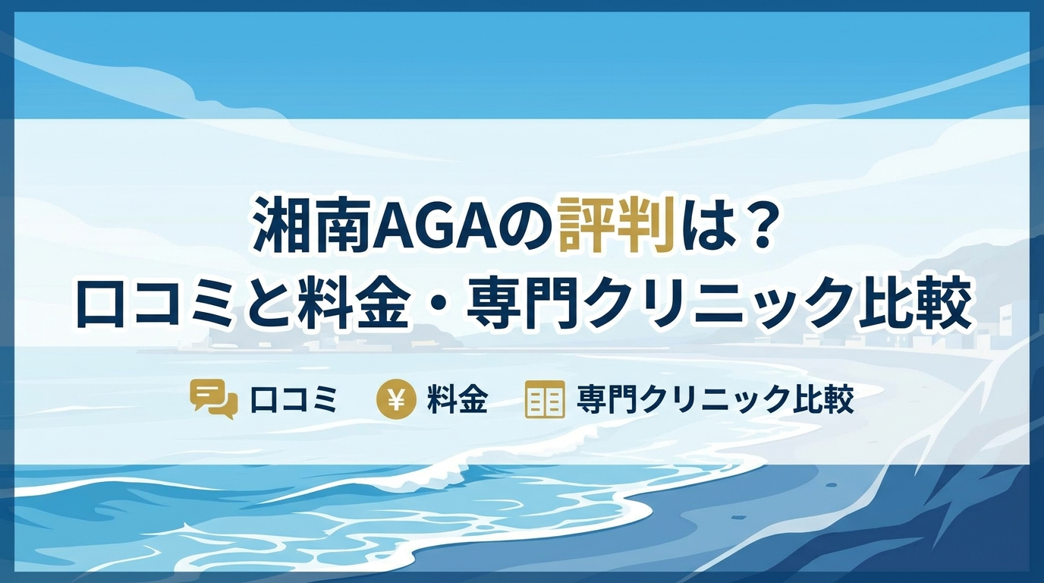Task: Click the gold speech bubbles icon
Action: point(214,400)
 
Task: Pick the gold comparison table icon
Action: point(544,399)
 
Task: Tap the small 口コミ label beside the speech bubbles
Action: point(293,400)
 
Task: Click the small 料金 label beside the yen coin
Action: point(458,399)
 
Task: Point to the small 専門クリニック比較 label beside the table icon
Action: point(715,399)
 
